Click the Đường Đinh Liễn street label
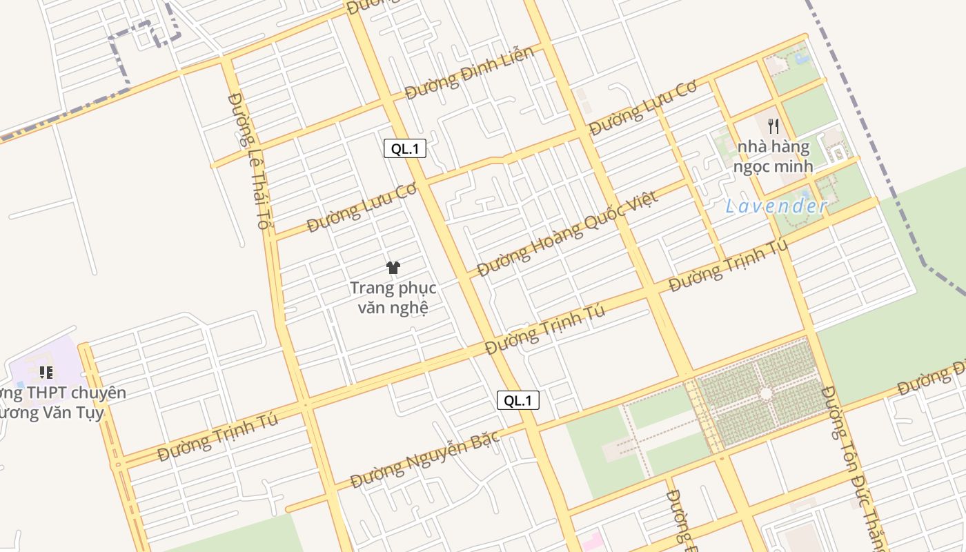469,72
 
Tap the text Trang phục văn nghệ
393,297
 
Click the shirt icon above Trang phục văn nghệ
393,268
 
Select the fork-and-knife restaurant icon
773,126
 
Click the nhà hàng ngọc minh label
773,157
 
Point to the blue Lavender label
776,206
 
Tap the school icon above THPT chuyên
46,373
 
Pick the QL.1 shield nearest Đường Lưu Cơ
405,148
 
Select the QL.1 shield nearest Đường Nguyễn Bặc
517,400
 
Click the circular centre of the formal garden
766,393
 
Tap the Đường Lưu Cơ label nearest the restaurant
642,108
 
